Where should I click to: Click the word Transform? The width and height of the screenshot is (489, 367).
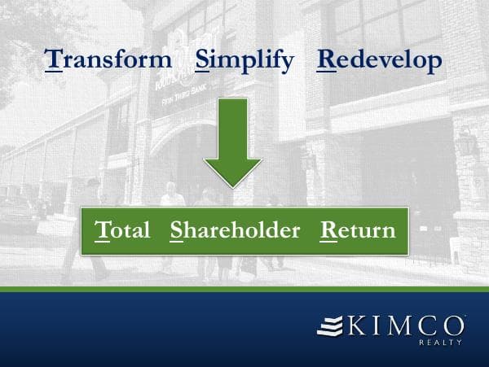click(109, 60)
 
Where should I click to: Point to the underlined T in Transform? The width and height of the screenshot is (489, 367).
click(54, 60)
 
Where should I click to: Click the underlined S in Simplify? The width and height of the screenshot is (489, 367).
click(203, 60)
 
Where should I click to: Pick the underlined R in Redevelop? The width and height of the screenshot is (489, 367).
click(326, 60)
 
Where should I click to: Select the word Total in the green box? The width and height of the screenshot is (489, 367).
click(122, 230)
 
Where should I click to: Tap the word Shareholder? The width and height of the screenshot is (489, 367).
click(235, 230)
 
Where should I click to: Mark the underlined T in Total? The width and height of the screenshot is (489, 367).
click(102, 230)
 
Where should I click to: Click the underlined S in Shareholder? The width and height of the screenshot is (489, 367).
click(177, 230)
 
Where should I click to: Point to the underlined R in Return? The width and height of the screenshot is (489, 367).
click(328, 230)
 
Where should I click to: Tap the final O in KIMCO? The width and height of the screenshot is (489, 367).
click(453, 327)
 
